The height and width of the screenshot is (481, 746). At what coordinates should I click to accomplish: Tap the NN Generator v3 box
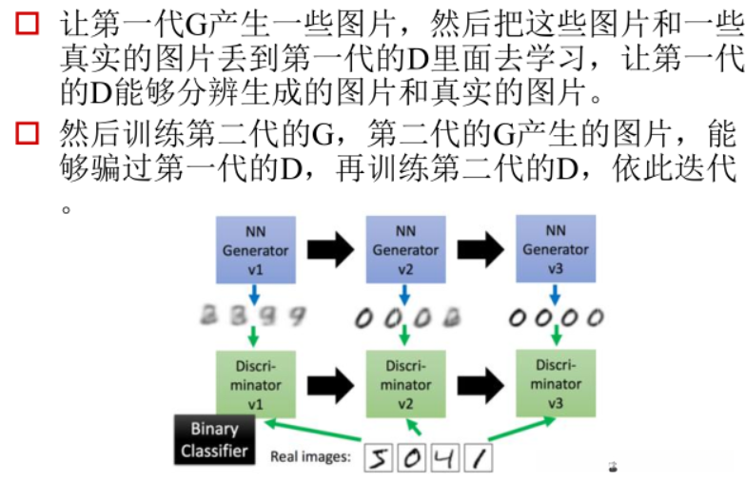tap(555, 250)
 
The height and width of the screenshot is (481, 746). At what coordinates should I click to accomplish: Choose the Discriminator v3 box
tap(555, 383)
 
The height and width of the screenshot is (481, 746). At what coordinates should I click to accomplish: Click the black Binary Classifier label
tap(214, 439)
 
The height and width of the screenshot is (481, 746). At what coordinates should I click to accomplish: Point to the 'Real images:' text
tap(310, 456)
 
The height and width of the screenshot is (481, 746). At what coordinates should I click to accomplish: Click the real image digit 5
tap(380, 459)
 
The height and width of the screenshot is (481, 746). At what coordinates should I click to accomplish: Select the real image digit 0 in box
tap(412, 459)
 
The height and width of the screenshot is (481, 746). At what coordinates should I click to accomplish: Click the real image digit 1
tap(479, 459)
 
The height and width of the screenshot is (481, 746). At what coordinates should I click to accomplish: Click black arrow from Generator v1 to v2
tap(330, 250)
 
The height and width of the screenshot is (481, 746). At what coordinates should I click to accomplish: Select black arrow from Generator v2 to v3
tap(480, 250)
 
